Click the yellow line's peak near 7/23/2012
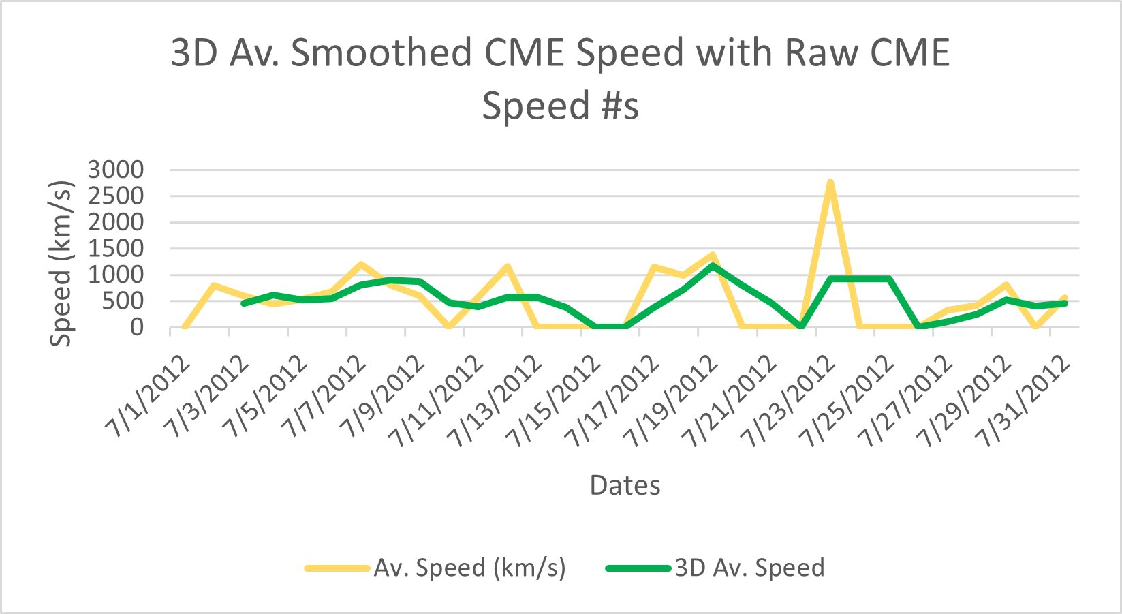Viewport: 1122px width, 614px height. pyautogui.click(x=830, y=182)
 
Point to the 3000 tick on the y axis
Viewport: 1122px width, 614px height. pyautogui.click(x=116, y=170)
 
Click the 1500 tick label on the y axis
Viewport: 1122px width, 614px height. pyautogui.click(x=116, y=249)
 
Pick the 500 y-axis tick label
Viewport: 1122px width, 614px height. pyautogui.click(x=125, y=301)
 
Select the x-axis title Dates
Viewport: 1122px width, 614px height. pyautogui.click(x=625, y=485)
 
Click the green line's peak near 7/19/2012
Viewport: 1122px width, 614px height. pyautogui.click(x=713, y=265)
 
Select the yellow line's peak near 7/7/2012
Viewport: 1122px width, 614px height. pyautogui.click(x=360, y=264)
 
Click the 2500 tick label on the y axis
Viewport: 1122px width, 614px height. pyautogui.click(x=116, y=196)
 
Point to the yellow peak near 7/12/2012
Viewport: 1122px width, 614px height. pyautogui.click(x=507, y=266)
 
